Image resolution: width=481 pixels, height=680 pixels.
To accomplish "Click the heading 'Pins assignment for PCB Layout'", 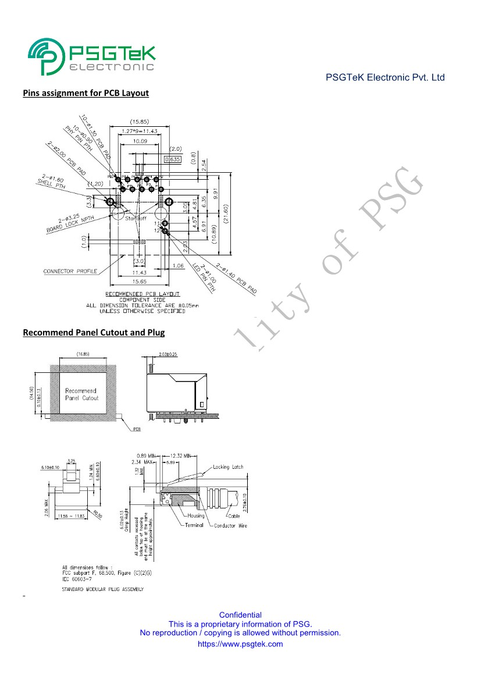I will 85,93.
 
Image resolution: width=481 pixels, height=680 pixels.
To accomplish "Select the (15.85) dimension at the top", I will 139,122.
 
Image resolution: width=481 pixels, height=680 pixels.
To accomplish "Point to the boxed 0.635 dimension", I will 173,159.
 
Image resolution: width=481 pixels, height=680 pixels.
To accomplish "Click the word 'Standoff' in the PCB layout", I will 135,218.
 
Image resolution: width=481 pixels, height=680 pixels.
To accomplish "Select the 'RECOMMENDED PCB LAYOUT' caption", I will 142,294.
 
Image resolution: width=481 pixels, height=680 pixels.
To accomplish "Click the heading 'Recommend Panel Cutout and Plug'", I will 93,333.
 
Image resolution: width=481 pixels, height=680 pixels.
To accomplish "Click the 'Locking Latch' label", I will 228,467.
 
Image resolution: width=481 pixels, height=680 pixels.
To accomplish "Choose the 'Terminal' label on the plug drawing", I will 194,525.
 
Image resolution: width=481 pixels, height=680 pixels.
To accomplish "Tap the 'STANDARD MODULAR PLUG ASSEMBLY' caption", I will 102,590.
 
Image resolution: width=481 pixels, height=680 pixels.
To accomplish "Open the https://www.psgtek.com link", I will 240,644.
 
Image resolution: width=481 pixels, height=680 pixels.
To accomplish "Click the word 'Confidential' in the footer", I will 240,615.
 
